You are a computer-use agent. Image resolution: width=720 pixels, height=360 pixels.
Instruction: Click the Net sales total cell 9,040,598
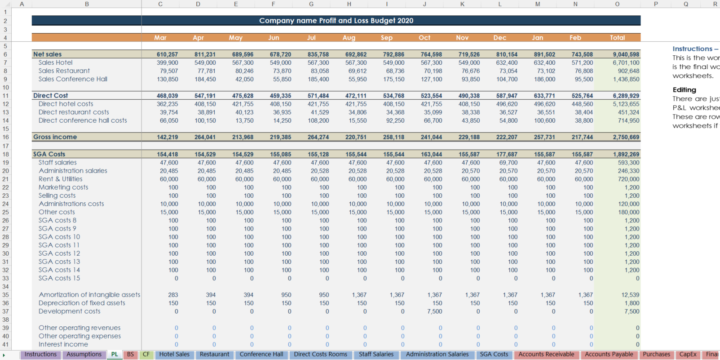(626, 54)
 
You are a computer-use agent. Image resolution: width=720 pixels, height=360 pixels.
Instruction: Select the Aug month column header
(349, 38)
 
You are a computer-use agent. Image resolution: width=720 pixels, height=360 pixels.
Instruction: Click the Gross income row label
(55, 137)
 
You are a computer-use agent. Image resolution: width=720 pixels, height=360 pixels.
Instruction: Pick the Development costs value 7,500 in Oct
(434, 311)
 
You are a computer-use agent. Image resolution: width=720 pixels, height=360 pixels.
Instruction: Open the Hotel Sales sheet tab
(174, 354)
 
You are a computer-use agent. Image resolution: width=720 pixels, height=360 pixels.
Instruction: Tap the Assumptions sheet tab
(84, 354)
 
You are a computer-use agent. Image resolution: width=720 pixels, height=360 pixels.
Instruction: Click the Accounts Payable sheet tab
(609, 354)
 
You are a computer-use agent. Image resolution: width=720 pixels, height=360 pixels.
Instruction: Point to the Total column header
(617, 38)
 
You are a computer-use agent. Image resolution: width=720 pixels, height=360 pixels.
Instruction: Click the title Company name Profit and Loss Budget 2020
(336, 21)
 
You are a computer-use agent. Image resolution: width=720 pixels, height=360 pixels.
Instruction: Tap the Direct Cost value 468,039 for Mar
(167, 96)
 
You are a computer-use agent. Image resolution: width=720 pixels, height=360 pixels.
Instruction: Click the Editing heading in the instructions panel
(684, 90)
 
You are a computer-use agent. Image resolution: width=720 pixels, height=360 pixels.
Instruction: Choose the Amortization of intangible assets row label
(89, 295)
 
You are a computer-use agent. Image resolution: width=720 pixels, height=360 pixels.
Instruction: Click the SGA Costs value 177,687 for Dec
(507, 154)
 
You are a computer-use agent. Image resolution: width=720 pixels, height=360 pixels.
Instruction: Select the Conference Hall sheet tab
(261, 354)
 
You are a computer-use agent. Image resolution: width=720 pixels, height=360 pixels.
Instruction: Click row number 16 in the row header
(5, 137)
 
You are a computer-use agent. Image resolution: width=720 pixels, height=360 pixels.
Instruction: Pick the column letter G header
(311, 4)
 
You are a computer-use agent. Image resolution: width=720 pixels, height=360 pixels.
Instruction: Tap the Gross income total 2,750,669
(626, 137)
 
